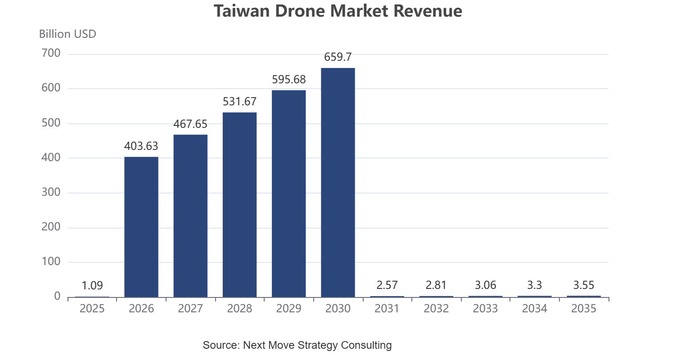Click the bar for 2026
141,227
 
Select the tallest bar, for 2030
338,183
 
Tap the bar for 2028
239,205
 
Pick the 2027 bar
190,216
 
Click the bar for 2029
289,194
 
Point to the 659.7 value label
338,57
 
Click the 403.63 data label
141,146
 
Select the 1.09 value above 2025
92,285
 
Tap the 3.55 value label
584,285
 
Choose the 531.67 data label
239,102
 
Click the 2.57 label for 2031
387,285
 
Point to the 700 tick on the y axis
51,53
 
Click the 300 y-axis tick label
51,192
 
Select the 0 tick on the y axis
57,297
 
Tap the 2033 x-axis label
485,308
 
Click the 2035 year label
584,308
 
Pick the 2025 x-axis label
92,308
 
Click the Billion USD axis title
68,34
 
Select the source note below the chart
297,345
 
